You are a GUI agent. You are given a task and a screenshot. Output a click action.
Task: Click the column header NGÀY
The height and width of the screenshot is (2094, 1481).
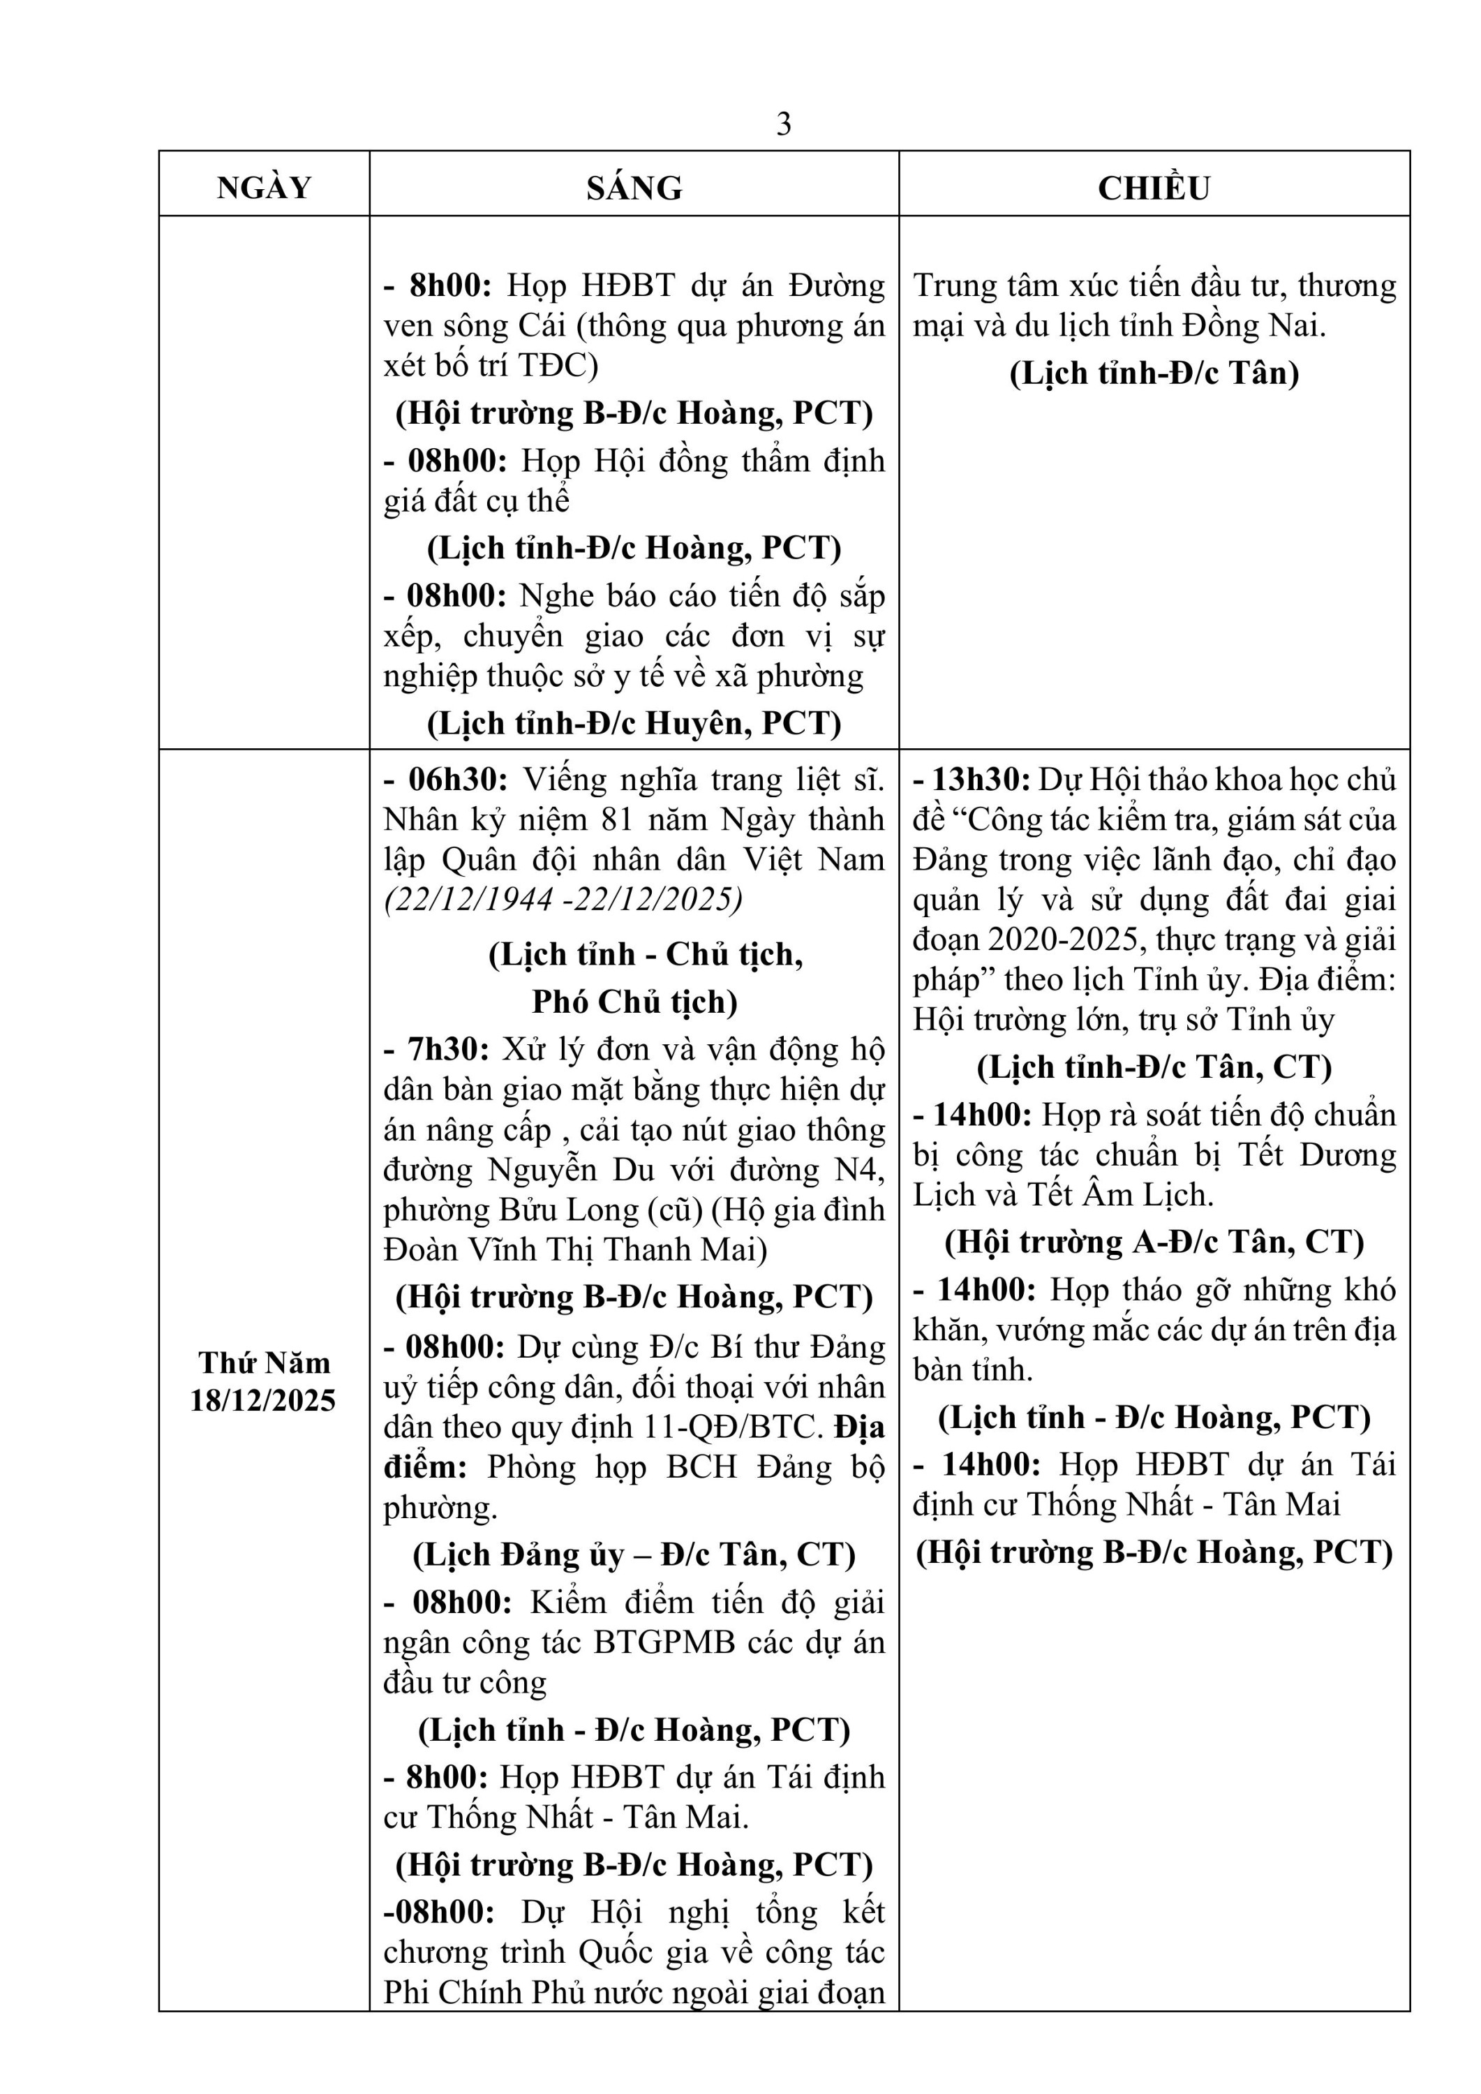point(264,188)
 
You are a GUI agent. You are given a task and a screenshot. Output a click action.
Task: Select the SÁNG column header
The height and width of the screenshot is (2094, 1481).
point(634,188)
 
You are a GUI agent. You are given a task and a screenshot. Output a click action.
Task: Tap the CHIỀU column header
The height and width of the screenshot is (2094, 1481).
point(1154,188)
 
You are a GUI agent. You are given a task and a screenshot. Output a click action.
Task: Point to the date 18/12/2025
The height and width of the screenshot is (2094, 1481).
point(264,1400)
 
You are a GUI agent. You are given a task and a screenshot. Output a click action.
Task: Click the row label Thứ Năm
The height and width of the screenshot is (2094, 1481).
point(264,1362)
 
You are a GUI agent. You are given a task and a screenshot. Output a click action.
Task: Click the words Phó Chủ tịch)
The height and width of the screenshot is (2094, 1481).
point(634,1002)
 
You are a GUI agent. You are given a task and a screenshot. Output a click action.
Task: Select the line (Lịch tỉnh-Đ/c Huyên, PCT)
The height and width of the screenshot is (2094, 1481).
point(634,723)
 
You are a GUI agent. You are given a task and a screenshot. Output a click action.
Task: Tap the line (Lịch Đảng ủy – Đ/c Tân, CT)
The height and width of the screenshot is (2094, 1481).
point(634,1555)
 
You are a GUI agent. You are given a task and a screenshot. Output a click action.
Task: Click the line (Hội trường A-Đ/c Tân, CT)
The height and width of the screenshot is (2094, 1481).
point(1154,1242)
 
